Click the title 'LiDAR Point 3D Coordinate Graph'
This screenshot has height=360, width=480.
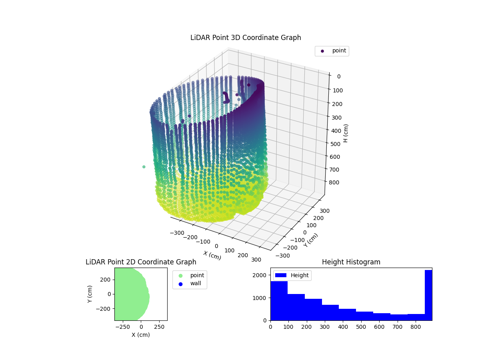point(246,38)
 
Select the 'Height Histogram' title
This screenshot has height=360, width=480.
point(351,262)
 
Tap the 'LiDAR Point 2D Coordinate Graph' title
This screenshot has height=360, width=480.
point(141,262)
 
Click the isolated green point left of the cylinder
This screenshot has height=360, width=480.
point(144,167)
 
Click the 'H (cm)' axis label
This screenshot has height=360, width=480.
point(346,133)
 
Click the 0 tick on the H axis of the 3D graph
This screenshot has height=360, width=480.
point(338,76)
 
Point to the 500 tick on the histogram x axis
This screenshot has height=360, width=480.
point(360,327)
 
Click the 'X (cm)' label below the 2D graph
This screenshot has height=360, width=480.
point(141,335)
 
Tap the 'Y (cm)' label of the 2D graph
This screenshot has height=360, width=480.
point(90,294)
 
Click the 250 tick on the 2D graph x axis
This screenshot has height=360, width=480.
point(160,327)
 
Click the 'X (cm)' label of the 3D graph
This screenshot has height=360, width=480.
point(212,255)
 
